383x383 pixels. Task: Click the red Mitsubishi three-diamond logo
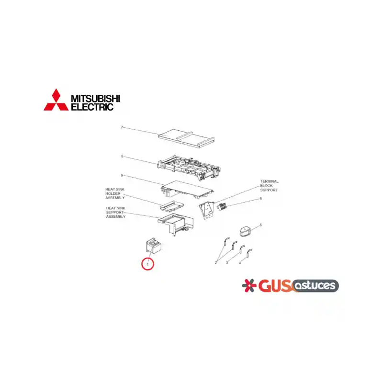pos(56,100)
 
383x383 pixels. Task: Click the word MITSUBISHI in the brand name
pos(95,99)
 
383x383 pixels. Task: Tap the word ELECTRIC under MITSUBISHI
pos(92,107)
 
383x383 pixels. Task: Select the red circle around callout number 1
pos(147,264)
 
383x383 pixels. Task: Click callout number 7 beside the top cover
pos(122,127)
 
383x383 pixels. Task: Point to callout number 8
pos(122,157)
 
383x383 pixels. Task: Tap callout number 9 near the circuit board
pos(122,175)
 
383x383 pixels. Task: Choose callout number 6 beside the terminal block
pos(260,199)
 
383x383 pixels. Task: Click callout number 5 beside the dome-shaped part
pos(260,225)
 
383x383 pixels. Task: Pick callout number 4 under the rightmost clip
pos(240,263)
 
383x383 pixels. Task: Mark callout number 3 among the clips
pos(227,263)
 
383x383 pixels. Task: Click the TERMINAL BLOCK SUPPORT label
pos(269,186)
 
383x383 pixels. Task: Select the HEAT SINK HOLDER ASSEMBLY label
pos(115,193)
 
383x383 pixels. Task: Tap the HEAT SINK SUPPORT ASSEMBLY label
pos(116,212)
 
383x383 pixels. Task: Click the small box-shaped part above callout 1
pos(153,246)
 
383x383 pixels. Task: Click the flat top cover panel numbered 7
pos(186,138)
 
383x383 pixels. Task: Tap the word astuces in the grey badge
pos(315,285)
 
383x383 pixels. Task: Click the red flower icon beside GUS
pos(249,285)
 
